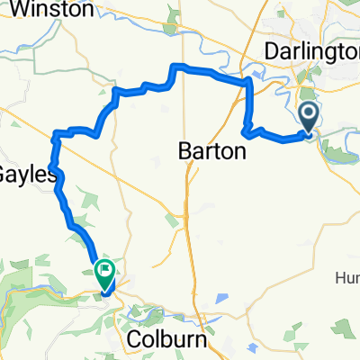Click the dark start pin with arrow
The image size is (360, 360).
click(309, 116)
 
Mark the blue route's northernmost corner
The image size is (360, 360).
click(175, 67)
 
